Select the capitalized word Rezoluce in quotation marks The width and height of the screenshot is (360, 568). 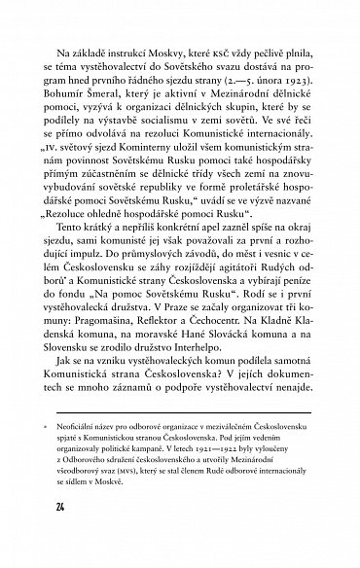(x=71, y=229)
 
